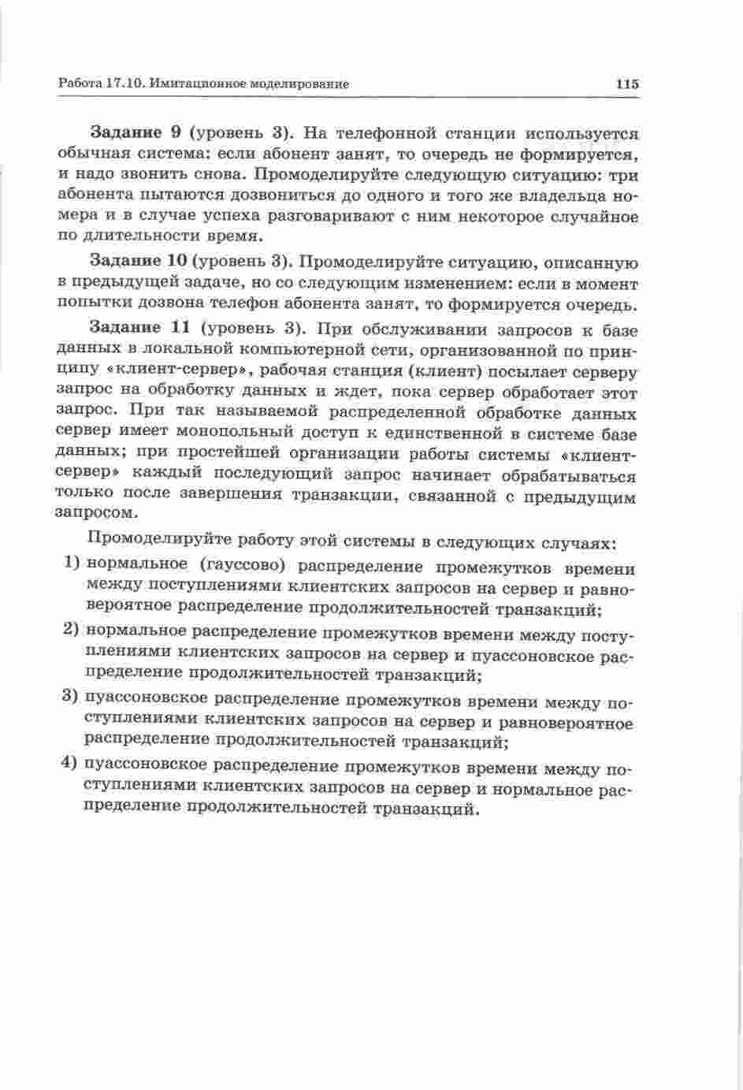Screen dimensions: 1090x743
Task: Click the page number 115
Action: (x=627, y=84)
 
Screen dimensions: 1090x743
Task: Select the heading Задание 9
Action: (x=137, y=132)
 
